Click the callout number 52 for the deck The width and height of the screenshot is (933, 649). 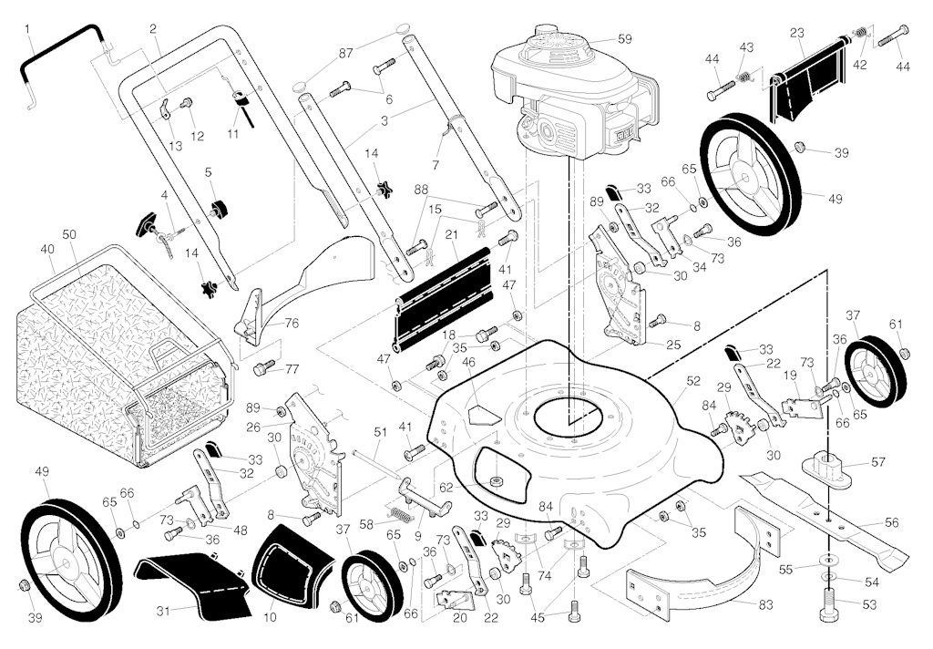(693, 382)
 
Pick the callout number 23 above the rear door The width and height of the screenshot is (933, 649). (796, 34)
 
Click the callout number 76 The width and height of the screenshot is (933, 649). (292, 324)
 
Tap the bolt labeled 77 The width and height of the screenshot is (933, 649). (264, 368)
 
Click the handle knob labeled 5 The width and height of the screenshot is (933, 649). (219, 209)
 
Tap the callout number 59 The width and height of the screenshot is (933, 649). (624, 39)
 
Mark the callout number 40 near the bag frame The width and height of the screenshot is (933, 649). (47, 250)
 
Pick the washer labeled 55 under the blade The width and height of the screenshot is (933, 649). (827, 561)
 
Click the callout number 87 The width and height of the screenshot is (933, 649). (345, 52)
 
